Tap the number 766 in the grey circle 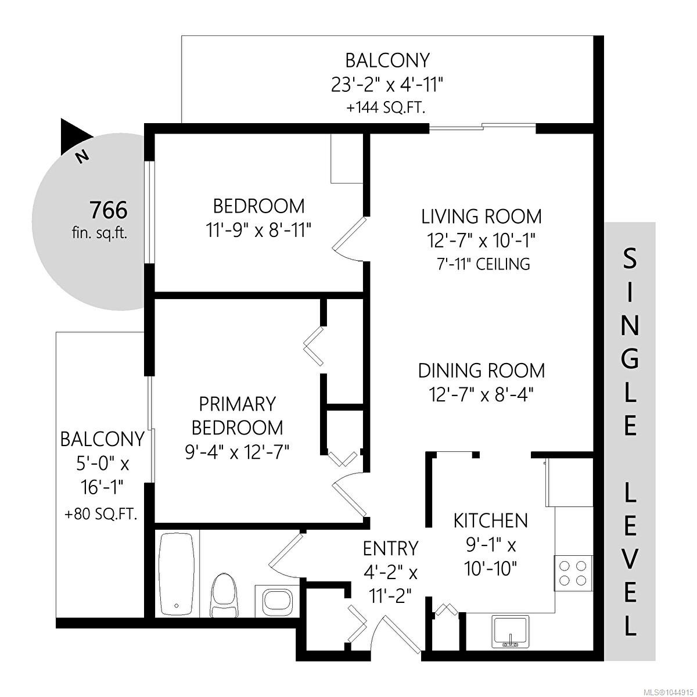click(109, 210)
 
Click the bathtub click(177, 574)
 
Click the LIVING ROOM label click(482, 217)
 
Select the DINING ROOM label click(482, 371)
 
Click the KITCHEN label click(491, 521)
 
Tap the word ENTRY click(390, 549)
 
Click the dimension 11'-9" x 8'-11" click(258, 230)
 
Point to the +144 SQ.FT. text click(386, 108)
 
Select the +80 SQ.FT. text click(101, 514)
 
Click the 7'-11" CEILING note click(483, 264)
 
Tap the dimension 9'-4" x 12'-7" click(238, 452)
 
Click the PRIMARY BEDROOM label click(238, 416)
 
